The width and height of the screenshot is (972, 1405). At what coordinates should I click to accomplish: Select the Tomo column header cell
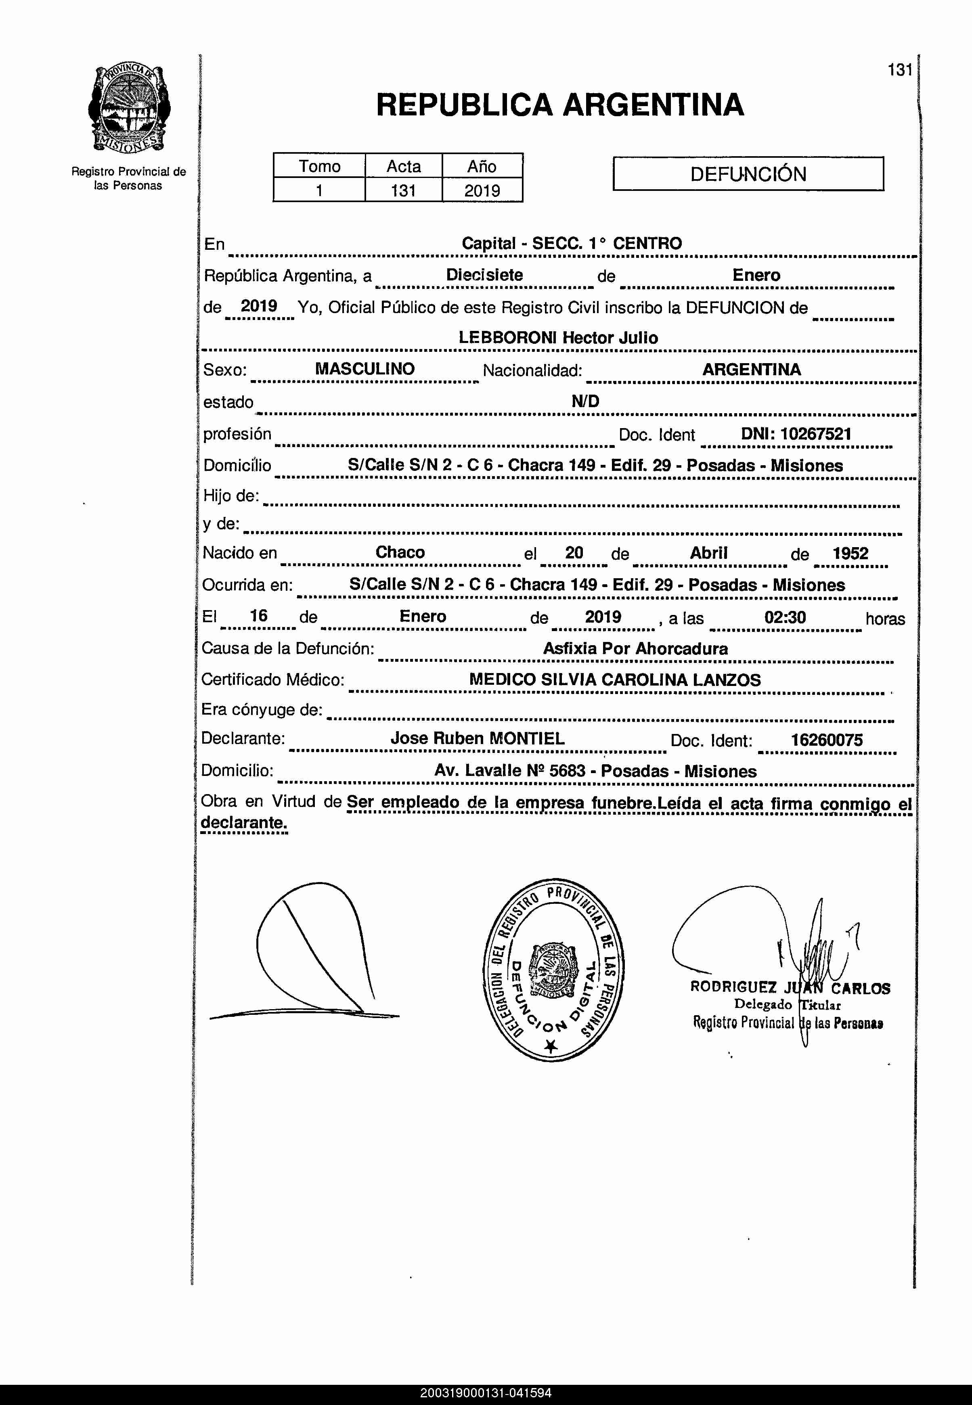pyautogui.click(x=319, y=166)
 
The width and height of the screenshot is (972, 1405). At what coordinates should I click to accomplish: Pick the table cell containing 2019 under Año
pyautogui.click(x=482, y=190)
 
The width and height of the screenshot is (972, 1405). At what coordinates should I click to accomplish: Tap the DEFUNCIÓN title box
pyautogui.click(x=748, y=174)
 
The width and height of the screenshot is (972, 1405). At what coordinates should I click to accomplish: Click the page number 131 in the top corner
pyautogui.click(x=899, y=70)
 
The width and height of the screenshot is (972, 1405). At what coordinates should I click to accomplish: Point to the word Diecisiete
pyautogui.click(x=484, y=275)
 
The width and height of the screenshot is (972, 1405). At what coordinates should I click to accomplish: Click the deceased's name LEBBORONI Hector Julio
pyautogui.click(x=558, y=338)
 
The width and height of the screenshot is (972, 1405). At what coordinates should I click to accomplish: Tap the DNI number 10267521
pyautogui.click(x=815, y=434)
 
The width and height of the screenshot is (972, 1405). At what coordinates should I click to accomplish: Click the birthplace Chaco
pyautogui.click(x=400, y=552)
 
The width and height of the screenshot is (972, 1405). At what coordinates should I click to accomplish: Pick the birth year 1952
pyautogui.click(x=850, y=553)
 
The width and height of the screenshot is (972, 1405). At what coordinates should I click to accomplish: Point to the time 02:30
pyautogui.click(x=785, y=617)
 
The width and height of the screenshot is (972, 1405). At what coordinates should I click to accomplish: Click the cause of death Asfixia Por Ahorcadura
pyautogui.click(x=635, y=648)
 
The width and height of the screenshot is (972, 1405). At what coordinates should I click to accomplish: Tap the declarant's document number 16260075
pyautogui.click(x=826, y=740)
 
